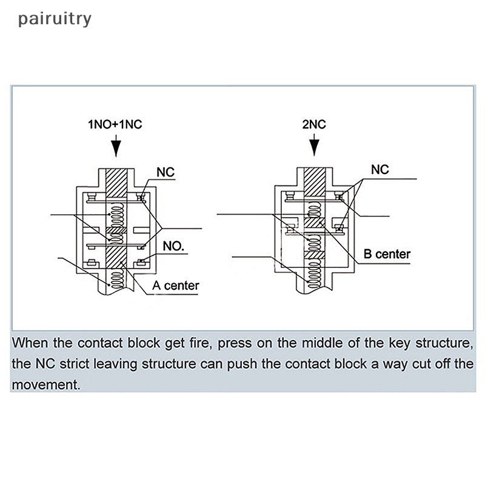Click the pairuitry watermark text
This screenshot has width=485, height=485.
tap(55, 19)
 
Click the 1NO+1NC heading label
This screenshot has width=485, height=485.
tap(115, 125)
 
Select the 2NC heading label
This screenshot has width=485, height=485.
tap(313, 125)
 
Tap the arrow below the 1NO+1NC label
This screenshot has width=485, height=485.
tap(115, 146)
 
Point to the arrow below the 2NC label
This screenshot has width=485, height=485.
tap(313, 146)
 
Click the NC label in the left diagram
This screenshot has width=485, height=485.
tap(166, 173)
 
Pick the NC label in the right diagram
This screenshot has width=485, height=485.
tap(380, 170)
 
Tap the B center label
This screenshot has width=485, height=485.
tap(387, 254)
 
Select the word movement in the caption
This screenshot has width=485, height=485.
tap(45, 385)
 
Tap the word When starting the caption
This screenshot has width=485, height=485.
tap(30, 343)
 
